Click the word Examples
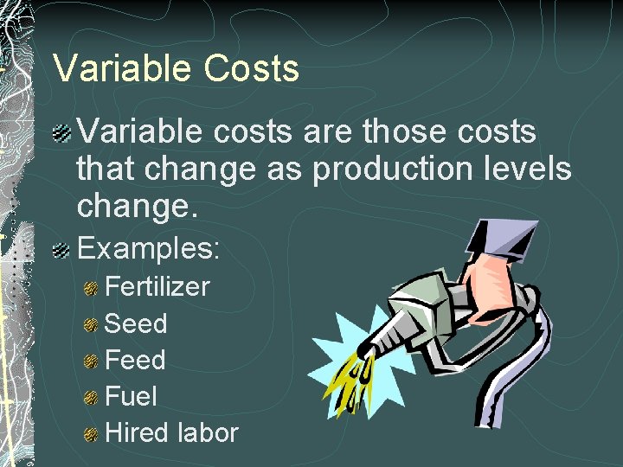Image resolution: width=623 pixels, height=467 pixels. [x=150, y=250]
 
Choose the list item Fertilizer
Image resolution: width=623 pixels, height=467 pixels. [x=157, y=286]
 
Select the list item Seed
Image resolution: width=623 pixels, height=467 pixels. [x=136, y=323]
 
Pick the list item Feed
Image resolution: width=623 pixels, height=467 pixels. [x=135, y=360]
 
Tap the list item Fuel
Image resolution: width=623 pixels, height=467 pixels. [x=131, y=396]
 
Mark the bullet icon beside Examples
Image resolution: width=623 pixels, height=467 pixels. [x=61, y=252]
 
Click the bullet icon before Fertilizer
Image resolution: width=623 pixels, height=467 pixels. [x=91, y=288]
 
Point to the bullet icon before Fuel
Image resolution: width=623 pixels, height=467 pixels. [x=91, y=398]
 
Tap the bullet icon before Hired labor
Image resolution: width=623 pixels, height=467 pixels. [x=91, y=434]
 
